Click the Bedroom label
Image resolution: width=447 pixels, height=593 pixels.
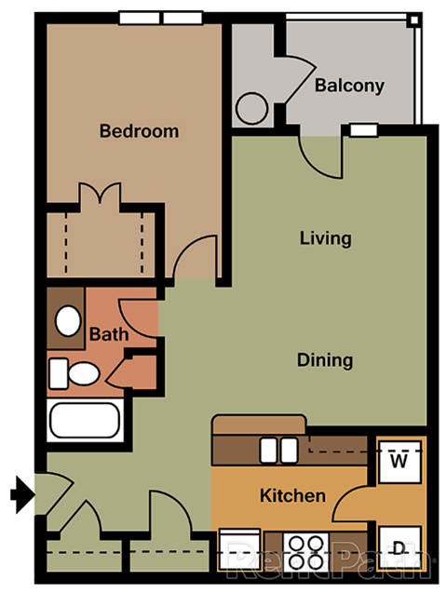pos(139,131)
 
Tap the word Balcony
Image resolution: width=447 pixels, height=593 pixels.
pos(349,86)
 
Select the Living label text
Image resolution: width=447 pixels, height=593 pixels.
pos(325,238)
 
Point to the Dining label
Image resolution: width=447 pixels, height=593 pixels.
pos(325,359)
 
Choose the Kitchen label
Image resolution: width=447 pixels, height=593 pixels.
pos(292,495)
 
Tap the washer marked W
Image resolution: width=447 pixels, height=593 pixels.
pos(400,461)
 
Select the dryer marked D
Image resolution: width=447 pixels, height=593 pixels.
pos(400,547)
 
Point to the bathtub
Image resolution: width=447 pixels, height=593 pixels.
pos(86,421)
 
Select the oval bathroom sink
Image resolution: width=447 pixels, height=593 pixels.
pos(67,321)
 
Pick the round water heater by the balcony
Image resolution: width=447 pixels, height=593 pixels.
pos(252,108)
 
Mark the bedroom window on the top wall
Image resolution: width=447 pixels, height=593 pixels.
pos(161,18)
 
